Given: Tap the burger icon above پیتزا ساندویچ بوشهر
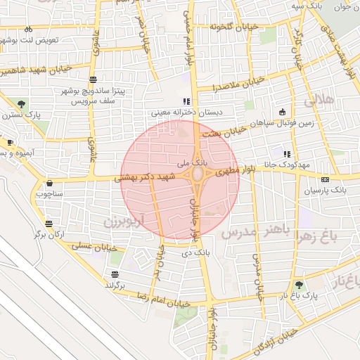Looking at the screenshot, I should tap(94, 79).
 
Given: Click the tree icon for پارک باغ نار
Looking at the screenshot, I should tap(300, 285).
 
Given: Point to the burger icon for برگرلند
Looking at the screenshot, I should tap(114, 274).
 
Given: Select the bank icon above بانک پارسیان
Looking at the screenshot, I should tap(325, 179).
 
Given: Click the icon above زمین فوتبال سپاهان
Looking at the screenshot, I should tap(282, 111).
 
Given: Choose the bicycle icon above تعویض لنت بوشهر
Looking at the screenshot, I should tap(28, 30).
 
